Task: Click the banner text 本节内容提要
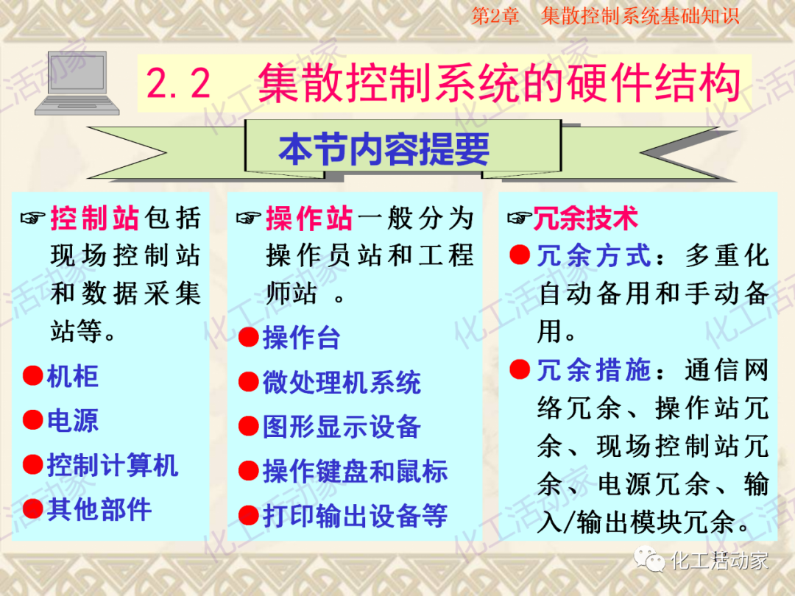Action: (x=384, y=149)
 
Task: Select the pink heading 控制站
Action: (x=94, y=219)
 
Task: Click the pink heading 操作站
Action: (x=309, y=219)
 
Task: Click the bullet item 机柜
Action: (x=72, y=377)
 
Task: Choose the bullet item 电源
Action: (x=72, y=421)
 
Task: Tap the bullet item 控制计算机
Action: (x=112, y=465)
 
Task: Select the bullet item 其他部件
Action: (x=99, y=509)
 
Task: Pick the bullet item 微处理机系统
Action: (x=342, y=383)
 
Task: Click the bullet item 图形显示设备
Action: (x=342, y=427)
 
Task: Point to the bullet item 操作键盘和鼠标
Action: (x=355, y=472)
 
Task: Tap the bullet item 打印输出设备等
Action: (x=355, y=516)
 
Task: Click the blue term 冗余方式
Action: (x=594, y=256)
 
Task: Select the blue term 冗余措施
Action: (x=594, y=370)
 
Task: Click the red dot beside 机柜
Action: (x=32, y=377)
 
